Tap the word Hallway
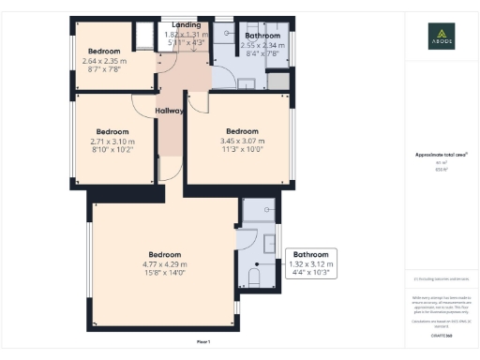click(170, 112)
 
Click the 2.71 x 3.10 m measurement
click(112, 142)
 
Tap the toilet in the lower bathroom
click(252, 278)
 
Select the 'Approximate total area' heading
click(441, 154)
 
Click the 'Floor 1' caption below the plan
click(203, 340)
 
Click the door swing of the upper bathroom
click(223, 75)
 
